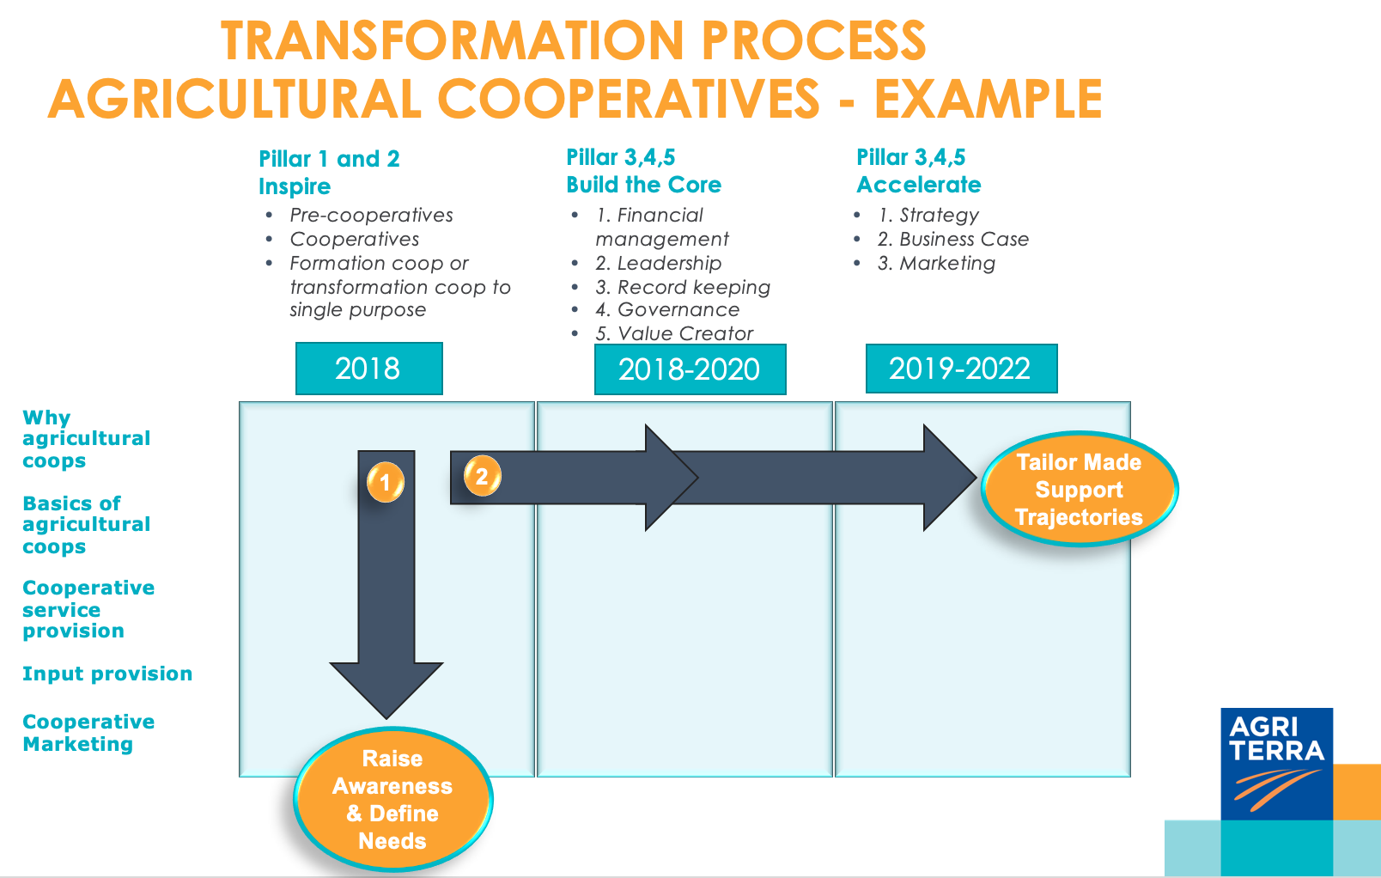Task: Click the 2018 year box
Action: [x=368, y=369]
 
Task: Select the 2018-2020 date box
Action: [x=690, y=369]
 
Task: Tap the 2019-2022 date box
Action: [x=960, y=369]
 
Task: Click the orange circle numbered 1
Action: [x=385, y=482]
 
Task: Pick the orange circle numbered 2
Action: [x=482, y=476]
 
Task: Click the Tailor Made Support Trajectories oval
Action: [x=1079, y=489]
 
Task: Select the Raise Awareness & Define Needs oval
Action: [x=392, y=799]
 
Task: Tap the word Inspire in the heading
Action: [x=295, y=186]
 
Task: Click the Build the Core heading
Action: [x=643, y=185]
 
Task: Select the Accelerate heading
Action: [x=918, y=185]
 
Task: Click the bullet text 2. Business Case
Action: [x=952, y=239]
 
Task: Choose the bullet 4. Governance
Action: [x=667, y=309]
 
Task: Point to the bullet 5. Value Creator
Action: [x=674, y=333]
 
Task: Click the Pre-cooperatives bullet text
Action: [x=371, y=215]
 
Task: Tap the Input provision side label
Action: [x=107, y=674]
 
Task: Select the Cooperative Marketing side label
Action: [x=88, y=733]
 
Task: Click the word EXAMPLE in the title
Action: [x=988, y=99]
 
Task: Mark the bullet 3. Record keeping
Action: [x=683, y=287]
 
